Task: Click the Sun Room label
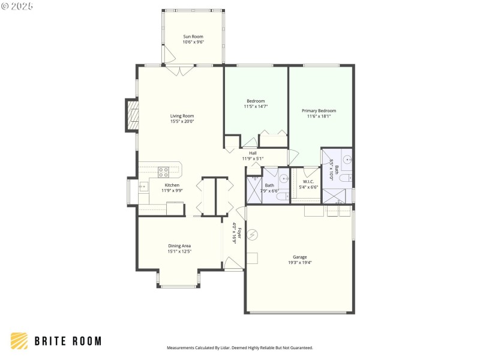click(x=193, y=37)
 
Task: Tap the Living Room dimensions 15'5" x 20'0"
click(x=182, y=121)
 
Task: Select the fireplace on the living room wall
click(x=131, y=115)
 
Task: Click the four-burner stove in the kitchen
click(x=163, y=171)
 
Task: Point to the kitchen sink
click(x=143, y=187)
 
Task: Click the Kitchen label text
click(x=172, y=185)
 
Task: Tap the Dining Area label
click(x=179, y=245)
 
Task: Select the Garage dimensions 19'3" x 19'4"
click(x=299, y=262)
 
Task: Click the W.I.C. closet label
click(x=308, y=181)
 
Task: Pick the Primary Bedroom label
click(x=319, y=110)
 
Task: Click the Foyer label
click(x=239, y=233)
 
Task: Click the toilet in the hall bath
click(x=281, y=196)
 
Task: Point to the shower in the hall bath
click(x=254, y=190)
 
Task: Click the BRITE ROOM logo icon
click(x=19, y=341)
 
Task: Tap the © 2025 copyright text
click(x=17, y=6)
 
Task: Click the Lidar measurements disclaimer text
click(x=239, y=347)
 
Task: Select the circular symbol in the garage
click(x=253, y=234)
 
